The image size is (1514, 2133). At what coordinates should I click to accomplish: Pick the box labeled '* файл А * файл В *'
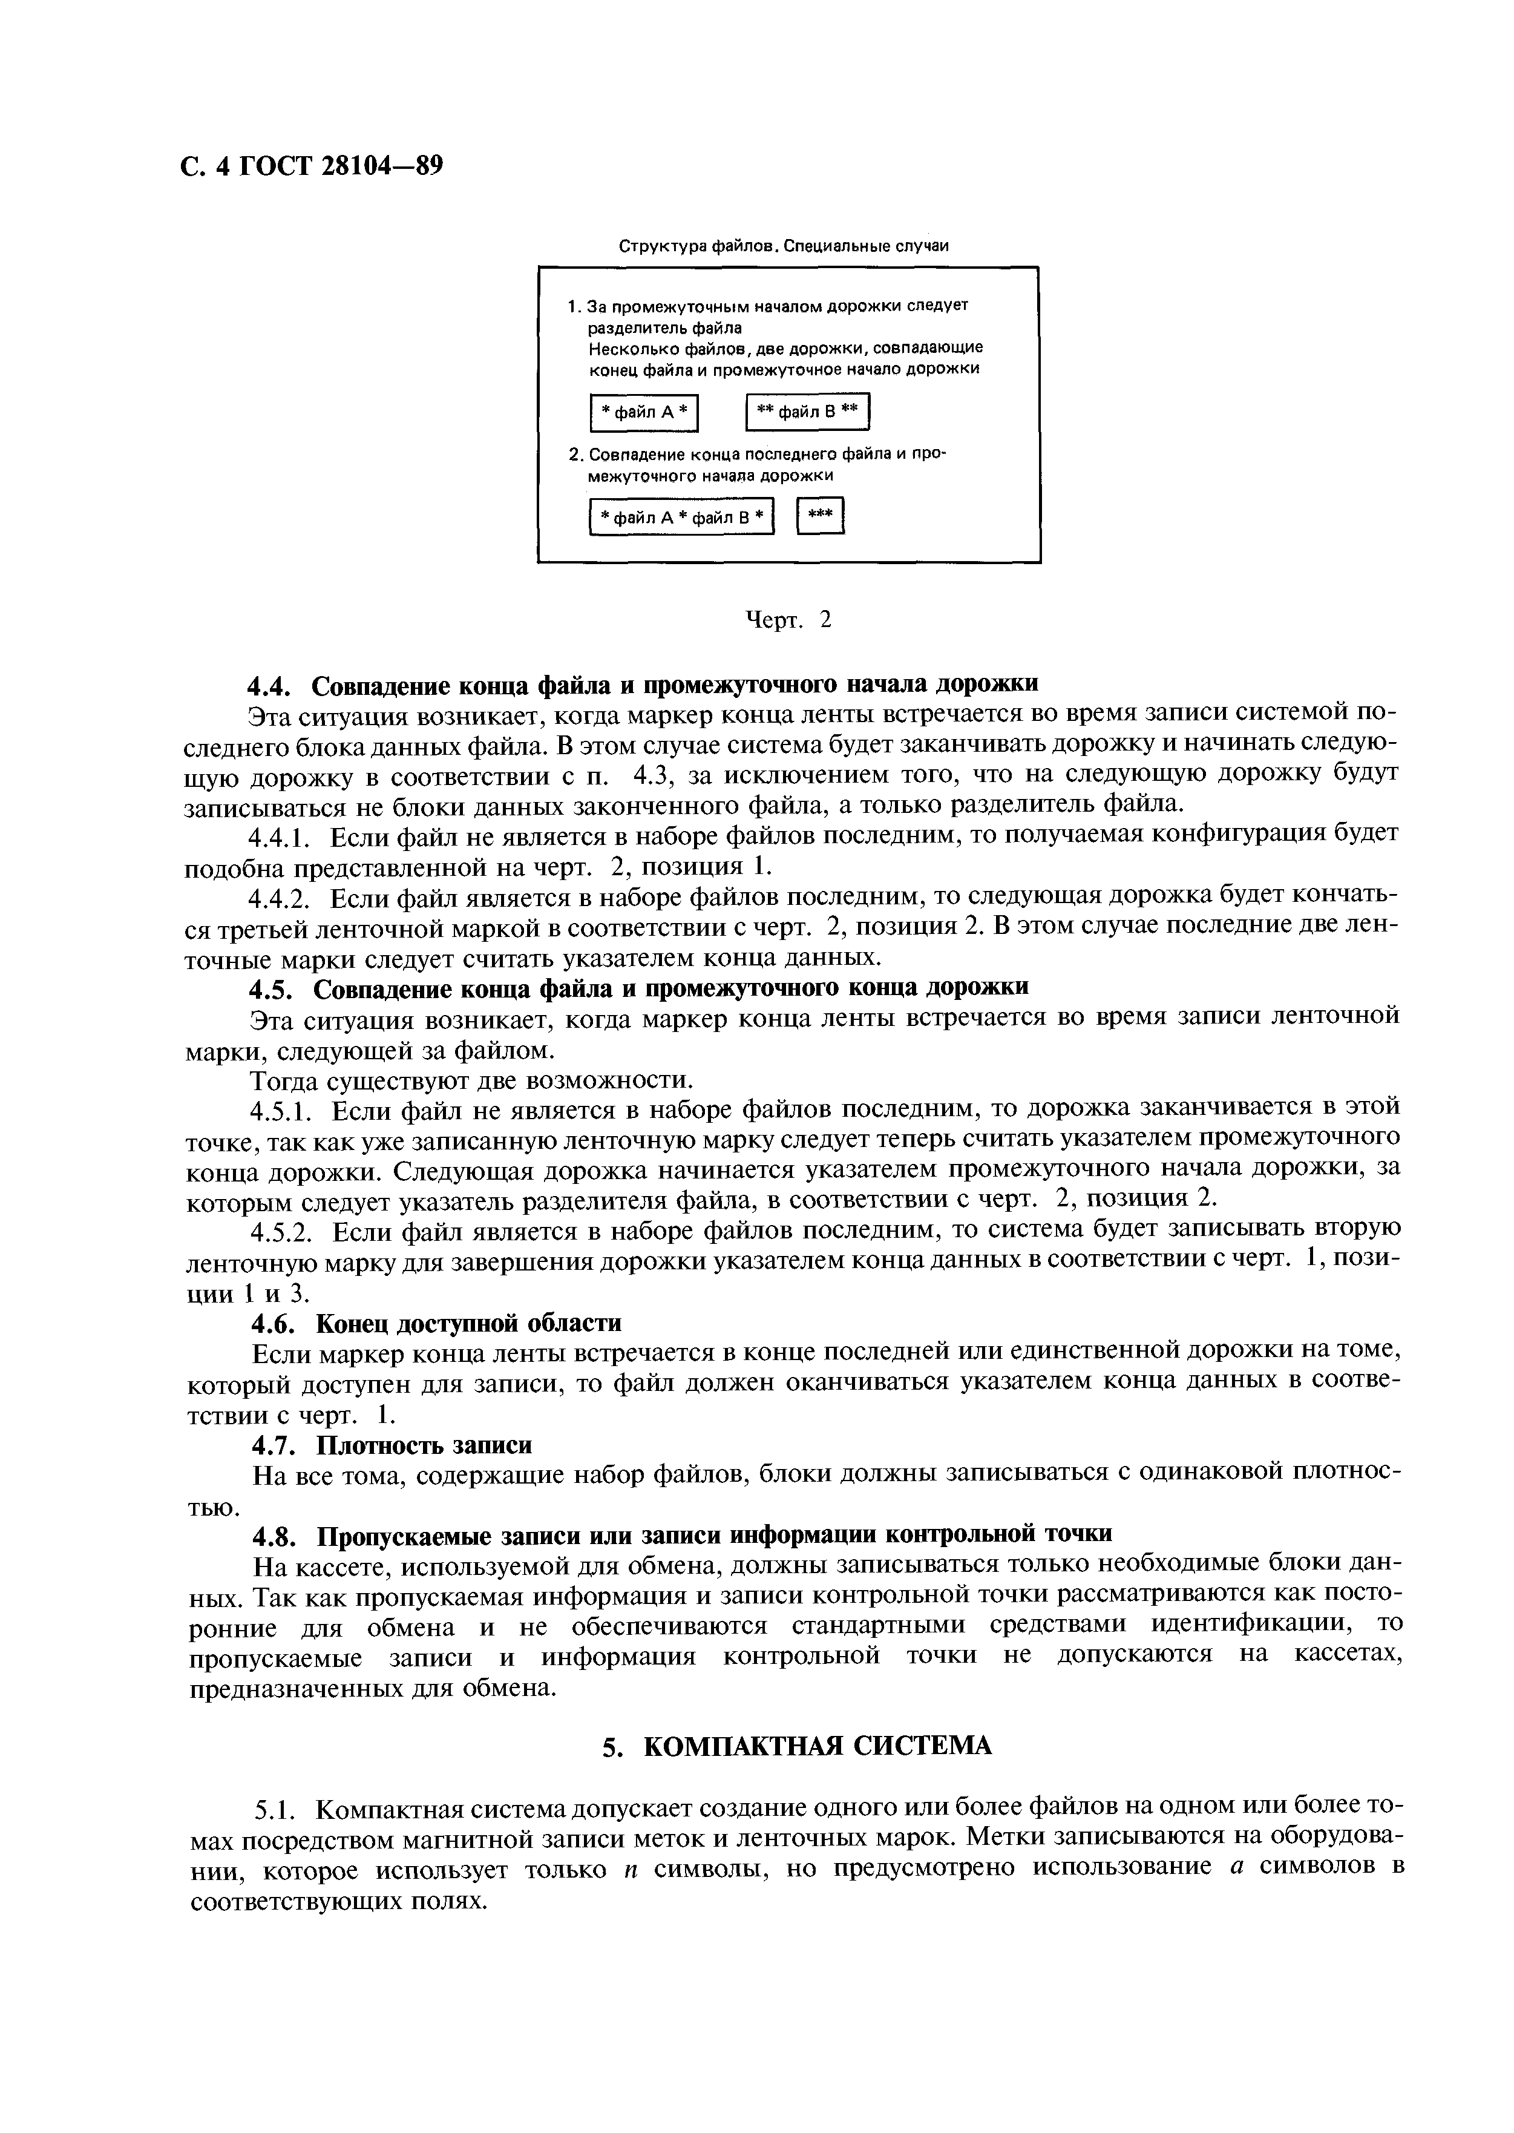(681, 518)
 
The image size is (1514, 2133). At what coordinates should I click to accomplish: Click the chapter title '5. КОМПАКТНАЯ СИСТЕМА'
(795, 1746)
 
